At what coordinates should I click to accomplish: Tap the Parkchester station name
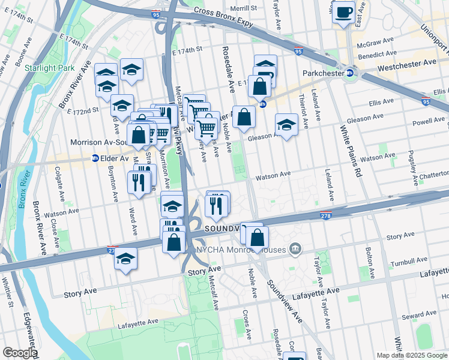(322, 73)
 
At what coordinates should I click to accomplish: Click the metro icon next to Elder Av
(95, 158)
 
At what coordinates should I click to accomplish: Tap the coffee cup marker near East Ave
(344, 13)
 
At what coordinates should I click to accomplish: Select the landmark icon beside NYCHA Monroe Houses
(294, 247)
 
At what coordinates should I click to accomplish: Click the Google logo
(19, 353)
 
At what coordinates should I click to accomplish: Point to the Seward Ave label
(419, 316)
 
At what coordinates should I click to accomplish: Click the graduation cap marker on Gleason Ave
(286, 126)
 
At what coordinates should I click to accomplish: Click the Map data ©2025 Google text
(412, 355)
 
